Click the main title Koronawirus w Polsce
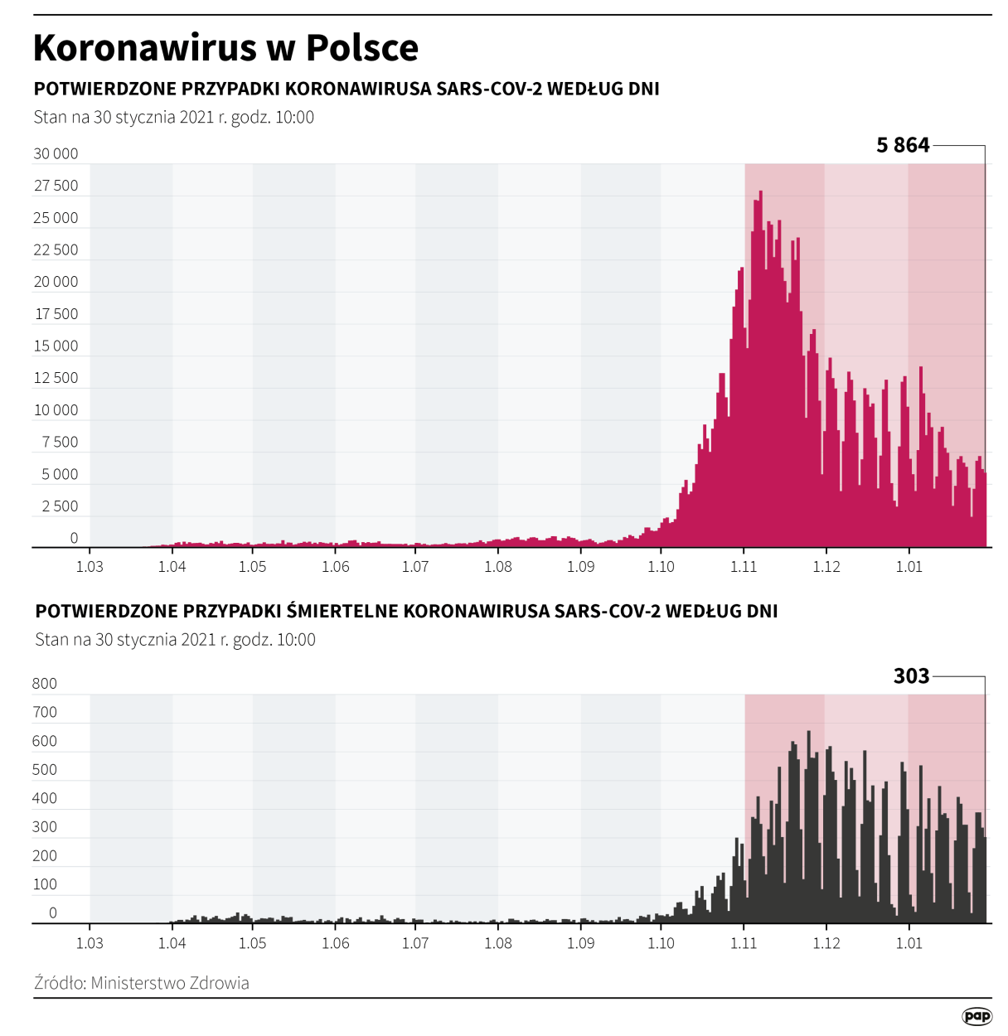tap(225, 48)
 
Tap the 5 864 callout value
tap(903, 146)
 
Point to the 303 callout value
tap(911, 676)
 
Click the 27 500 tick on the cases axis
tap(56, 186)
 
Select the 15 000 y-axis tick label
tap(56, 346)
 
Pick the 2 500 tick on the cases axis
tap(60, 506)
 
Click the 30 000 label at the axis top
tap(56, 153)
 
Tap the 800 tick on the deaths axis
tap(45, 684)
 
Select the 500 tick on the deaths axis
tap(45, 770)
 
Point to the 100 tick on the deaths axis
tap(45, 884)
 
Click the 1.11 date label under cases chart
tap(744, 567)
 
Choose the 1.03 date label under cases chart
tap(90, 567)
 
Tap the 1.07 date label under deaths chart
tap(415, 943)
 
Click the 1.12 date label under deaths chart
tap(826, 943)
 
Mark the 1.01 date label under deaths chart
tap(909, 943)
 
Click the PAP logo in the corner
tap(976, 1016)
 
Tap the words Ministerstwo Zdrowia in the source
tap(170, 983)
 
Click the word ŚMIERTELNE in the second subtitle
tap(342, 612)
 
